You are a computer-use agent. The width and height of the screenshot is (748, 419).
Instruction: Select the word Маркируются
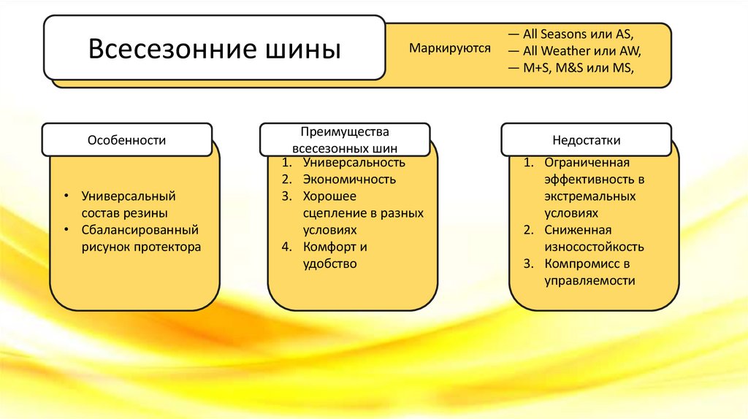click(x=449, y=50)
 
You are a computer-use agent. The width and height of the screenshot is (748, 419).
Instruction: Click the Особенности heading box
click(x=127, y=139)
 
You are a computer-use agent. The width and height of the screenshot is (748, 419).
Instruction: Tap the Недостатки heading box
click(x=587, y=139)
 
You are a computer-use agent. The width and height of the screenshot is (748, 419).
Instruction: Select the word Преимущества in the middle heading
click(x=345, y=131)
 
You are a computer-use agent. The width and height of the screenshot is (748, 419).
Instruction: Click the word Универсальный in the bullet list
click(x=129, y=196)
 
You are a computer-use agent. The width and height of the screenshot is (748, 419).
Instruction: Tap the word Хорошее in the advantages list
click(x=329, y=196)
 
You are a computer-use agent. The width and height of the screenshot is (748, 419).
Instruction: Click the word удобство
click(x=330, y=264)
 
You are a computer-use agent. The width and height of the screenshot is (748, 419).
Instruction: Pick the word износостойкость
click(x=594, y=247)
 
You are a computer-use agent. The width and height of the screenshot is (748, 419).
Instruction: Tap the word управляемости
click(x=589, y=280)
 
